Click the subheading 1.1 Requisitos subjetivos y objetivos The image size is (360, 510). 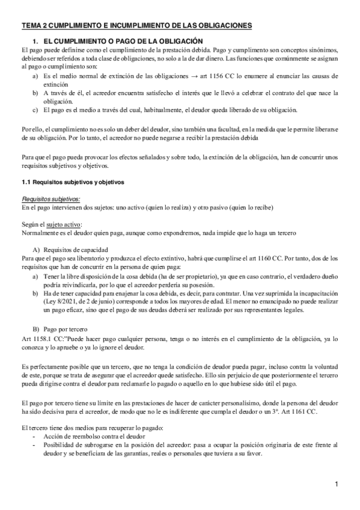[72, 181]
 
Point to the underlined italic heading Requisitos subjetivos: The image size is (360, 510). [50, 199]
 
